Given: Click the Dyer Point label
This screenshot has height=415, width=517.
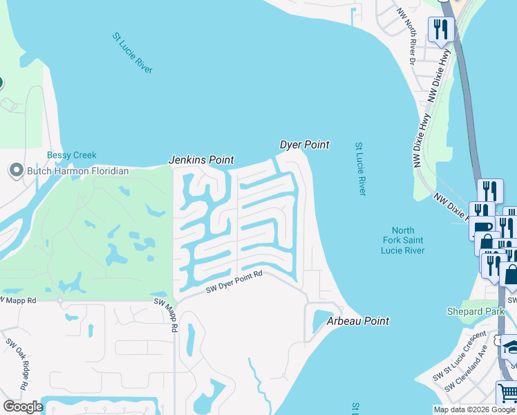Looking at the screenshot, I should [x=304, y=145].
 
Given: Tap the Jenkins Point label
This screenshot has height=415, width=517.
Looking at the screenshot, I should [x=201, y=160].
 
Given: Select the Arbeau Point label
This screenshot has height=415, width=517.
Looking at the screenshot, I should [x=357, y=321].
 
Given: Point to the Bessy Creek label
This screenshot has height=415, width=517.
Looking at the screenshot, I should [x=71, y=155].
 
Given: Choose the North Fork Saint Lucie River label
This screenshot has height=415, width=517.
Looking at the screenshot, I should [x=403, y=241].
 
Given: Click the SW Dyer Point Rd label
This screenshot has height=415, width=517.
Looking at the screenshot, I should [x=234, y=283].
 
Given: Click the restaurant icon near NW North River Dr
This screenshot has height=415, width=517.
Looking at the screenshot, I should [x=440, y=30].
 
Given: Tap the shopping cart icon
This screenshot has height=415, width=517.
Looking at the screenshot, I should [x=508, y=394].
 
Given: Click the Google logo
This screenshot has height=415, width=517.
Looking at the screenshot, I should [x=23, y=407].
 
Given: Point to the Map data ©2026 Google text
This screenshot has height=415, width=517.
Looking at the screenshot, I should [x=474, y=409].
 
